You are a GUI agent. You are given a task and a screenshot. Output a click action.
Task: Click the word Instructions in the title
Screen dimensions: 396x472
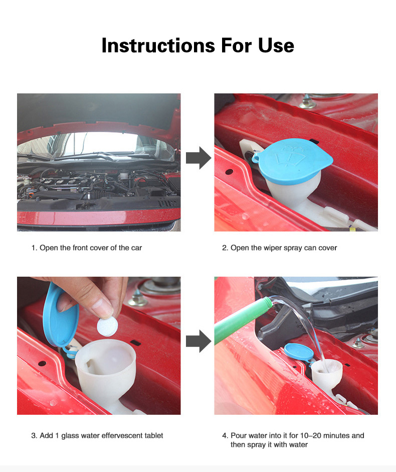pyautogui.click(x=158, y=46)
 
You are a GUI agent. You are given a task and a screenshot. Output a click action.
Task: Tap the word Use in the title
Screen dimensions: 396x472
pyautogui.click(x=276, y=46)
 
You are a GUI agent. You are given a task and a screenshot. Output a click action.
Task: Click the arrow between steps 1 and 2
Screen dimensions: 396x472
pyautogui.click(x=199, y=158)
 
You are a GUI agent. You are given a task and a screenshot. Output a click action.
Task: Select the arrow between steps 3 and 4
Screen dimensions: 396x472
pyautogui.click(x=199, y=341)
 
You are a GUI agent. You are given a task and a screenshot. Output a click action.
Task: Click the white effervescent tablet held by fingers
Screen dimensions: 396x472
pyautogui.click(x=107, y=326)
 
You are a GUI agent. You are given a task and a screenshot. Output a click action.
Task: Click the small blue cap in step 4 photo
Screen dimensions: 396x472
pyautogui.click(x=299, y=352)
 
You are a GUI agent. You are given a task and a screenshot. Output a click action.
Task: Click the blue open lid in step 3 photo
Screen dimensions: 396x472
pyautogui.click(x=60, y=316)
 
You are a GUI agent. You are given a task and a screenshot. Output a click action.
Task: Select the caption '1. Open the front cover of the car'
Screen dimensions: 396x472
pyautogui.click(x=87, y=248)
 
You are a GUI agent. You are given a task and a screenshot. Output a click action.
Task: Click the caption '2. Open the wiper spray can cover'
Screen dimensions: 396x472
pyautogui.click(x=279, y=248)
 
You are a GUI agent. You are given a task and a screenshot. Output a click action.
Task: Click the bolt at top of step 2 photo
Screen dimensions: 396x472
pyautogui.click(x=308, y=102)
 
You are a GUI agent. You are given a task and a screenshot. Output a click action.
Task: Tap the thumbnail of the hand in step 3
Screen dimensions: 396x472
pyautogui.click(x=102, y=308)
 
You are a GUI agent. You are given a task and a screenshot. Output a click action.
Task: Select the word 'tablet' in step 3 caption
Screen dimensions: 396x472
pyautogui.click(x=153, y=435)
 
